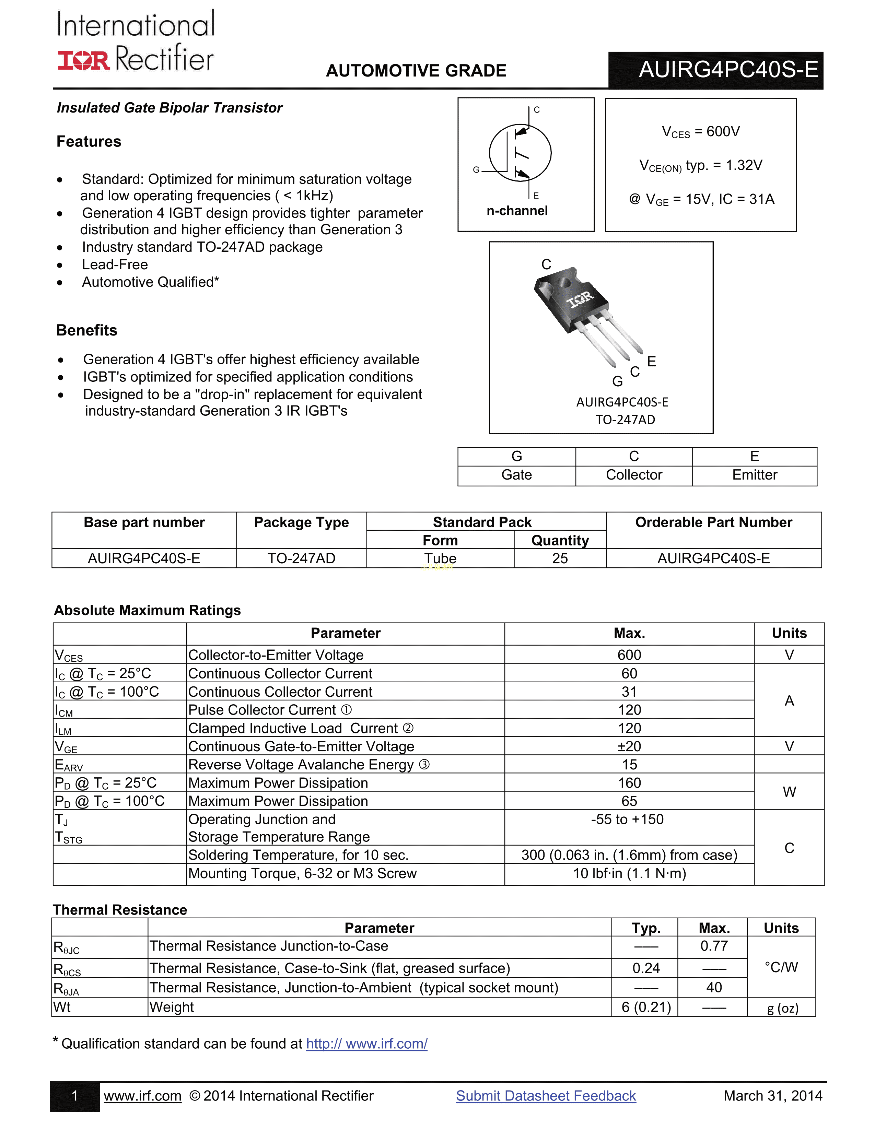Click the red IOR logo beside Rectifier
[83, 61]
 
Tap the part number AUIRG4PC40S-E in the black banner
[728, 69]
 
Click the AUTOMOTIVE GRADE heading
[416, 70]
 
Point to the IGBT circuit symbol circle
[520, 153]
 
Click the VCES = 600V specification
[700, 132]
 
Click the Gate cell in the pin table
[516, 475]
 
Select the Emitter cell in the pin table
[754, 475]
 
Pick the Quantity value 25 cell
[560, 558]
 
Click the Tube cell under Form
[440, 558]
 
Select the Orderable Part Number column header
[713, 522]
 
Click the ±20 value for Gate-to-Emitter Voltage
[629, 746]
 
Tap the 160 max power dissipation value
[629, 783]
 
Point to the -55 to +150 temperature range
[627, 819]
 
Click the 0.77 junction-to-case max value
[714, 946]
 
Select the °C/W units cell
[781, 967]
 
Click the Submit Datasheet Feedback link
[546, 1096]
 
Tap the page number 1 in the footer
[75, 1096]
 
